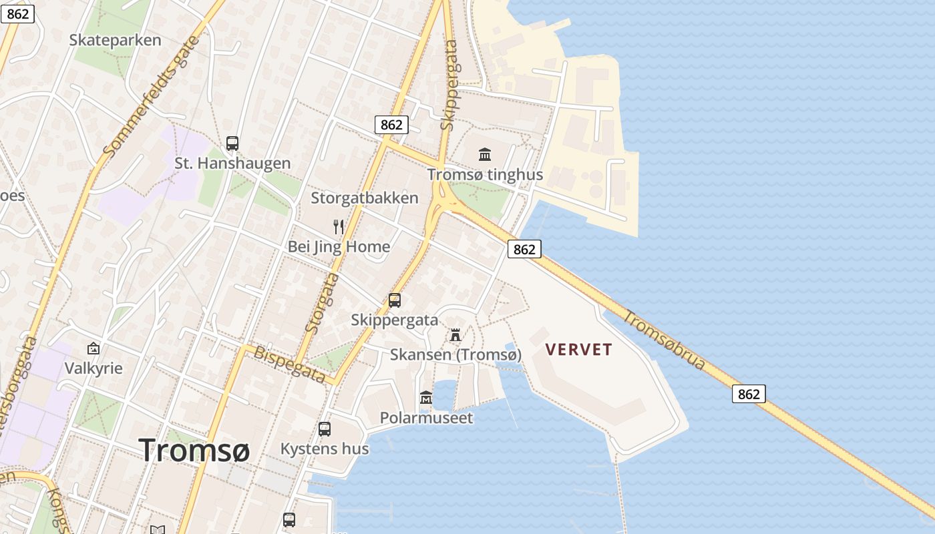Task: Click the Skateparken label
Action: point(115,40)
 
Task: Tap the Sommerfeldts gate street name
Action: point(151,96)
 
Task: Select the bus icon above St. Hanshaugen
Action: point(232,143)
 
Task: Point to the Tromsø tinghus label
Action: point(485,175)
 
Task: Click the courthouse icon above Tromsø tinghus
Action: point(485,155)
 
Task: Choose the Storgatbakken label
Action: point(365,198)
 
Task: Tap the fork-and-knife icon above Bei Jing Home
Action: point(339,227)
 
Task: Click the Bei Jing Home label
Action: point(339,247)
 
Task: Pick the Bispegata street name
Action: point(289,364)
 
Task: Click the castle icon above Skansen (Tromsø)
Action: point(455,334)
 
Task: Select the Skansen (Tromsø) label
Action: point(455,354)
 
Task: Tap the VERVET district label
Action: point(578,350)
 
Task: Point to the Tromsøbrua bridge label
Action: point(665,339)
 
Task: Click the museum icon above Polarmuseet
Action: point(426,398)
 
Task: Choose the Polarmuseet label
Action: point(426,418)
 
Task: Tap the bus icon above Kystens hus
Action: point(325,429)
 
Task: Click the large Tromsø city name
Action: point(194,450)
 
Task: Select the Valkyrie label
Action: point(93,368)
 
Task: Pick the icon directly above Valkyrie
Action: point(93,348)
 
